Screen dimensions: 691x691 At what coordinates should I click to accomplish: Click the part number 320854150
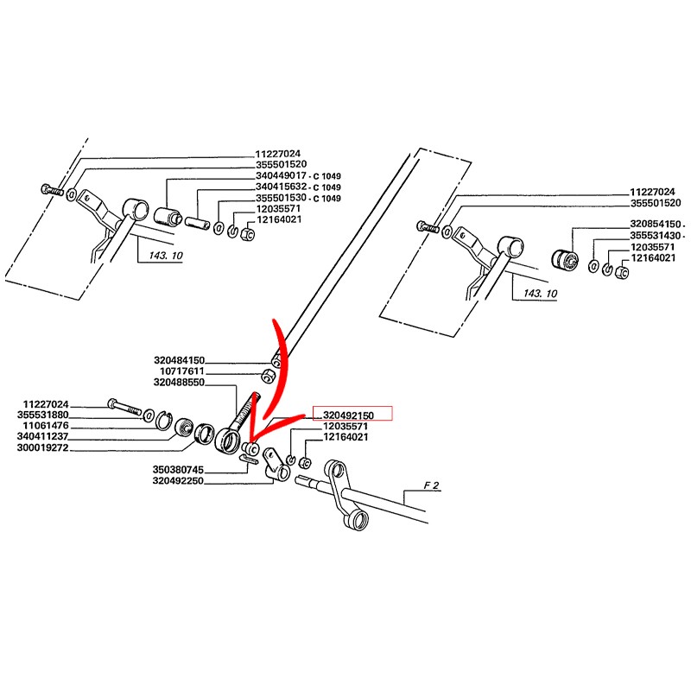tap(656, 223)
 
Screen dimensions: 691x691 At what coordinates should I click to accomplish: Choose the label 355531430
tap(656, 235)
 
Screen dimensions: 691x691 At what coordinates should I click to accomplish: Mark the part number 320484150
tap(179, 360)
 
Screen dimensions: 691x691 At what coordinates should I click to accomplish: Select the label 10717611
tap(182, 371)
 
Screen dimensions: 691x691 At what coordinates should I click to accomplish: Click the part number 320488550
tap(179, 383)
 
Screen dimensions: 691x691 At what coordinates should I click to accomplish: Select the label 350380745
tap(179, 470)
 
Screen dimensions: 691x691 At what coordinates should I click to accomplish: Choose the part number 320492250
tap(179, 481)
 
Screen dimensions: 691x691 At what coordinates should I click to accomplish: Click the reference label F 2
tap(432, 487)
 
